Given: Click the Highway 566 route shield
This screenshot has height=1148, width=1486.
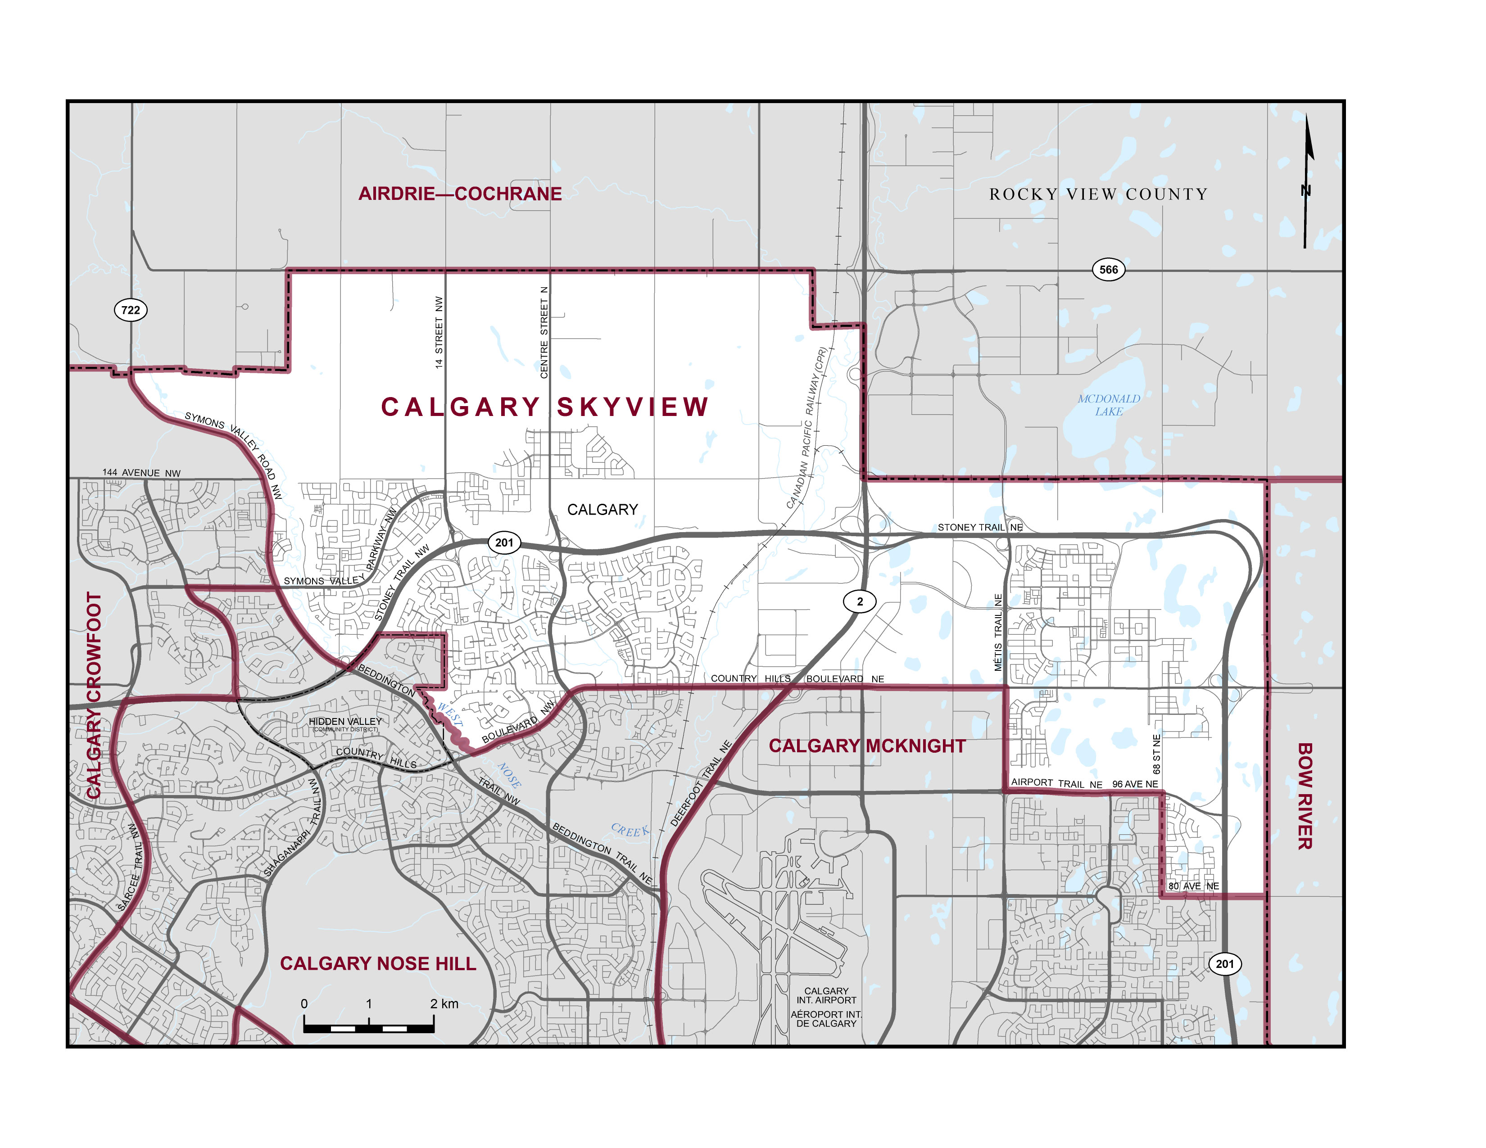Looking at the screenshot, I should tap(1108, 269).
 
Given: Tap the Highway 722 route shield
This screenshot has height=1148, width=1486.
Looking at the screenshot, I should tap(130, 310).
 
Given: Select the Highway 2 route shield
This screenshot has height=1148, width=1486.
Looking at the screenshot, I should tap(859, 601).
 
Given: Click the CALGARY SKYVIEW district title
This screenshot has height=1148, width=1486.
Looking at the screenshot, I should tap(544, 407).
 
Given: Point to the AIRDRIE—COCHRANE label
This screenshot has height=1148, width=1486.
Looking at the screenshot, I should tap(460, 194).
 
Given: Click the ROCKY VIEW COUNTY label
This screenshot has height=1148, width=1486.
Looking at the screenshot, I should tap(1098, 194).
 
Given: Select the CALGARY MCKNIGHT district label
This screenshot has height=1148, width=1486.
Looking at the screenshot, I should tap(867, 746).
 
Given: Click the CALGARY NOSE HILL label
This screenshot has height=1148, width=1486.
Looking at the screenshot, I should tap(378, 964).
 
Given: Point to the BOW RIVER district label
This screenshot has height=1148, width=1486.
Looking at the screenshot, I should tap(1305, 795).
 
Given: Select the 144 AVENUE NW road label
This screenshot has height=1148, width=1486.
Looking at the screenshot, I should tap(141, 473).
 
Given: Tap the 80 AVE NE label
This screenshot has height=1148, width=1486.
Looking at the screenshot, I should tap(1193, 886).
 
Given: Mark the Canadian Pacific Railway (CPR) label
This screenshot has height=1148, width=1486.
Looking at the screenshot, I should tap(806, 429).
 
